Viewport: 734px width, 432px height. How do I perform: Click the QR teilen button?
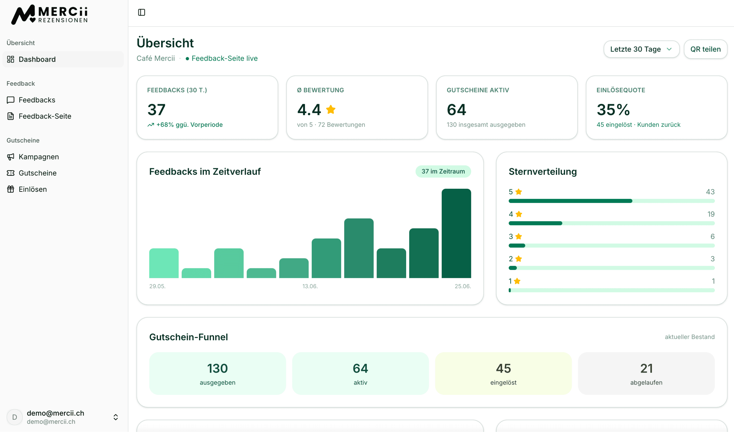(705, 49)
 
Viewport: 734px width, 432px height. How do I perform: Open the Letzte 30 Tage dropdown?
(641, 49)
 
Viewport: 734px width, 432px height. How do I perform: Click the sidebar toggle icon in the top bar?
(141, 12)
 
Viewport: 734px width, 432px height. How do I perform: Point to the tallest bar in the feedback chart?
(456, 233)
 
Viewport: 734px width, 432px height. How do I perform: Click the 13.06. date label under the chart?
(310, 286)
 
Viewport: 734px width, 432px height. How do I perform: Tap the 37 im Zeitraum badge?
(443, 171)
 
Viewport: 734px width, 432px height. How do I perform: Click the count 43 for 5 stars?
(710, 192)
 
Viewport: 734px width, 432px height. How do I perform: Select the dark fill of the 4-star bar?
(535, 223)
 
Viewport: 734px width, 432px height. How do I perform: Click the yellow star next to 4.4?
(331, 110)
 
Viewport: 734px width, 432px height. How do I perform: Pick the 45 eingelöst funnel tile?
(503, 373)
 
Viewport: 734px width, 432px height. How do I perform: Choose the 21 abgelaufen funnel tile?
(646, 373)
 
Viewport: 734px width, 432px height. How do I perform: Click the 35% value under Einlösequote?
(613, 110)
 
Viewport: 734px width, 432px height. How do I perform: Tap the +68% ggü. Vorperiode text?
(189, 125)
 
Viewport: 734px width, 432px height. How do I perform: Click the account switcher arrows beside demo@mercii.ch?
(116, 417)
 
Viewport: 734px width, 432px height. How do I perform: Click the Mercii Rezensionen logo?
(50, 15)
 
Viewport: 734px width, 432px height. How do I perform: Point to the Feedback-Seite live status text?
(225, 58)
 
